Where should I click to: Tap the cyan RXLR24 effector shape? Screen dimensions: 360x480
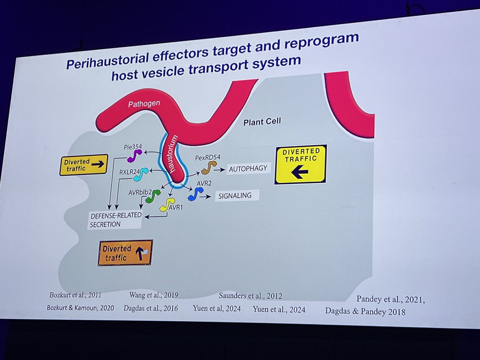144,173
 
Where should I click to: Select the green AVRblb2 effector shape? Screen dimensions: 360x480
152,196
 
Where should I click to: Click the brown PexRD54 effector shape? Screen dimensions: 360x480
208,167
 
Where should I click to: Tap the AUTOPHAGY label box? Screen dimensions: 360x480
248,169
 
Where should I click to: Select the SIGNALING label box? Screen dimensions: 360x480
237,196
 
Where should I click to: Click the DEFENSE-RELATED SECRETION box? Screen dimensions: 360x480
115,220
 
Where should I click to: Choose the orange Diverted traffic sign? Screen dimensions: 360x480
125,252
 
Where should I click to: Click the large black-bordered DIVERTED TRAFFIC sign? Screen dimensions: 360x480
301,164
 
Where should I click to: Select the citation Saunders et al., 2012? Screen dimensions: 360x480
250,296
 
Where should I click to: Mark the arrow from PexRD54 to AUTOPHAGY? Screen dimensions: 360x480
219,170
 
